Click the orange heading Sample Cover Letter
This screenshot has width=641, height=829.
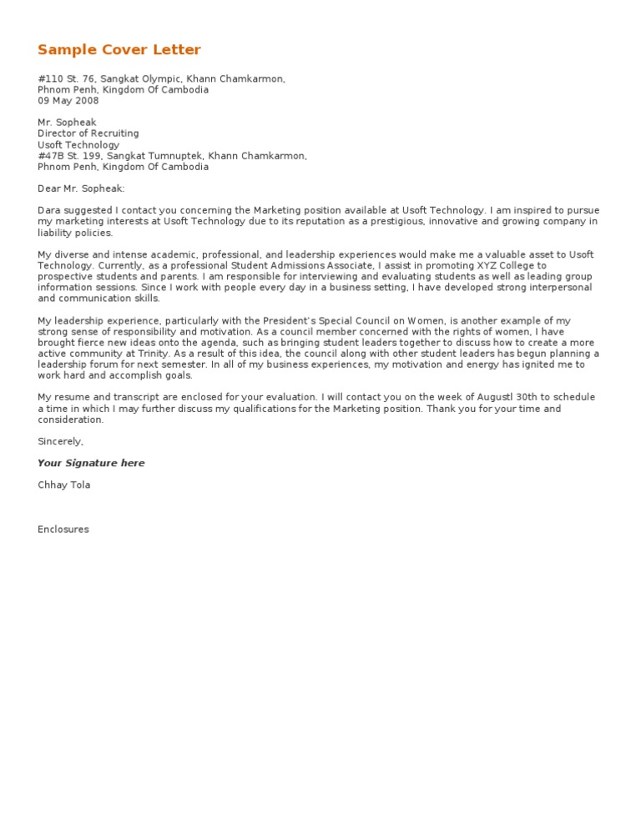click(119, 50)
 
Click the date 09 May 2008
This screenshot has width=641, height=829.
click(68, 101)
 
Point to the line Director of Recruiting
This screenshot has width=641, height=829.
click(88, 133)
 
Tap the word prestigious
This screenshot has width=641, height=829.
click(380, 222)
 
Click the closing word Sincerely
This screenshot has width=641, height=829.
click(60, 441)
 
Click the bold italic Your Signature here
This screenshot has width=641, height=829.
click(91, 464)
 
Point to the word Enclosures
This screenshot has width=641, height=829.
click(63, 530)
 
